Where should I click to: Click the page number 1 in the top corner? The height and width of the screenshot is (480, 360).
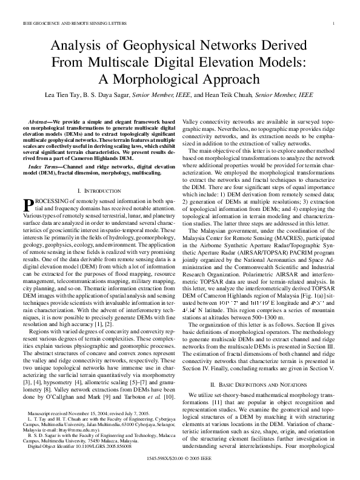tap(334, 23)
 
